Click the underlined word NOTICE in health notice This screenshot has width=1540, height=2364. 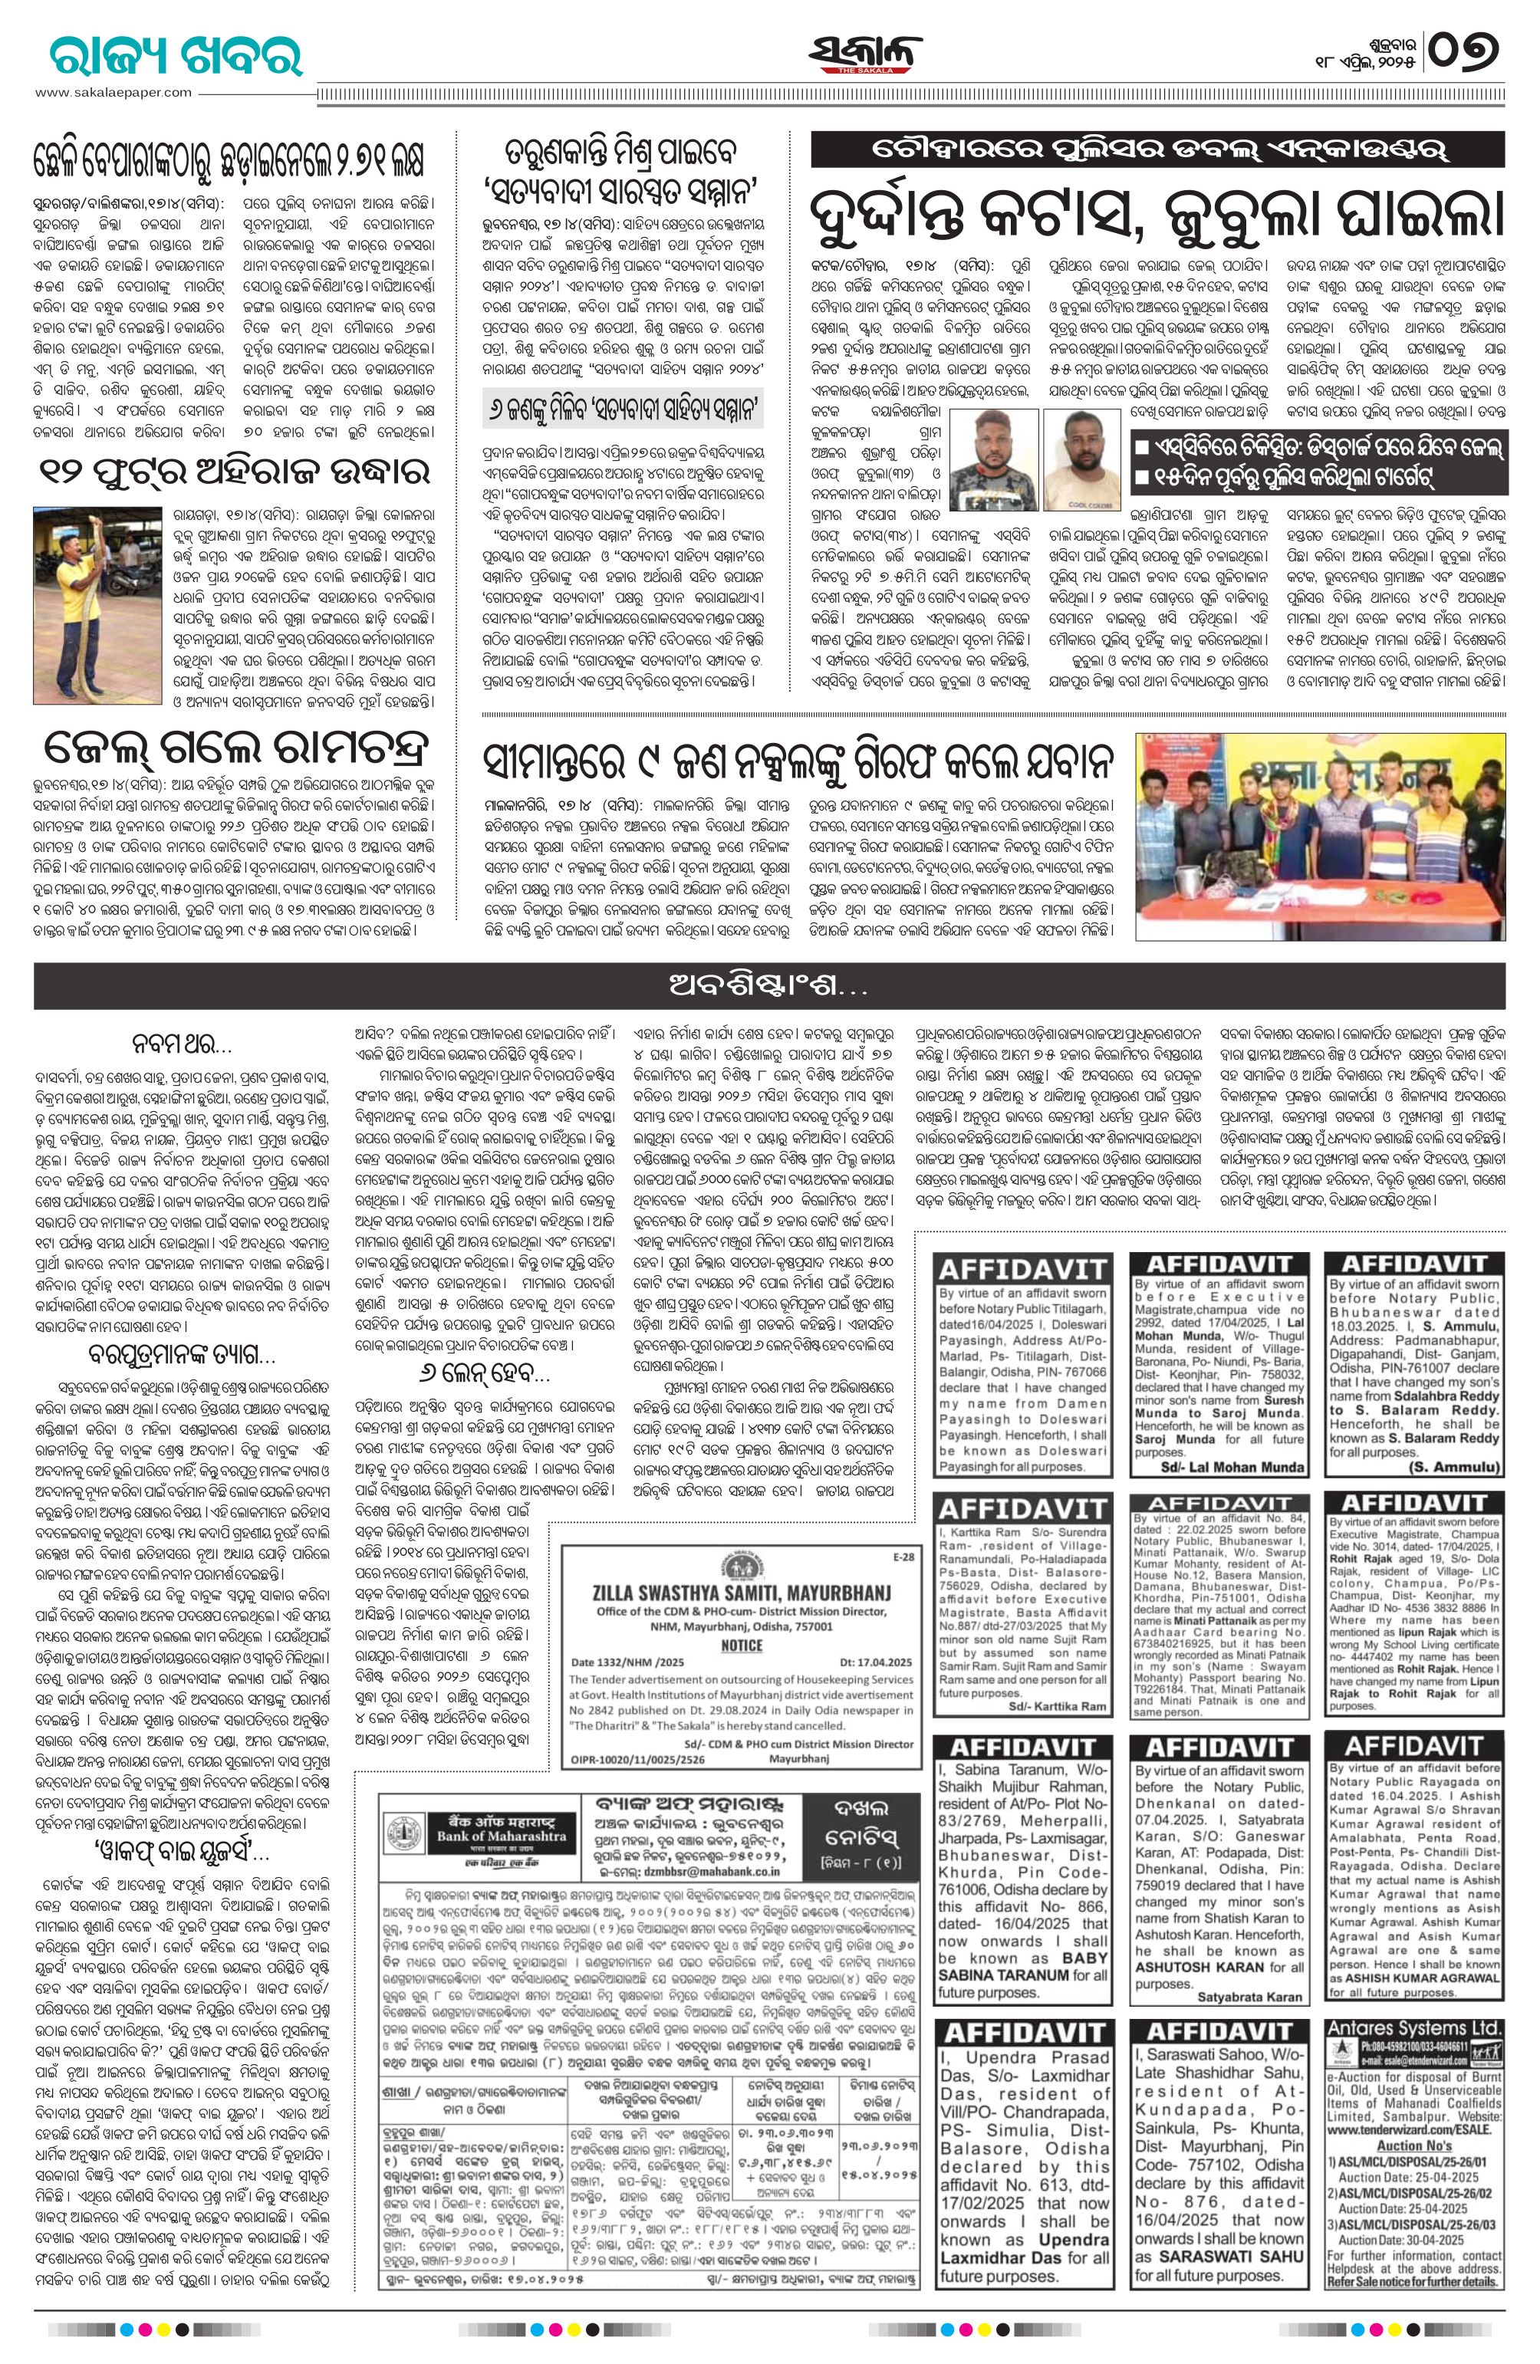[x=741, y=1645]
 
